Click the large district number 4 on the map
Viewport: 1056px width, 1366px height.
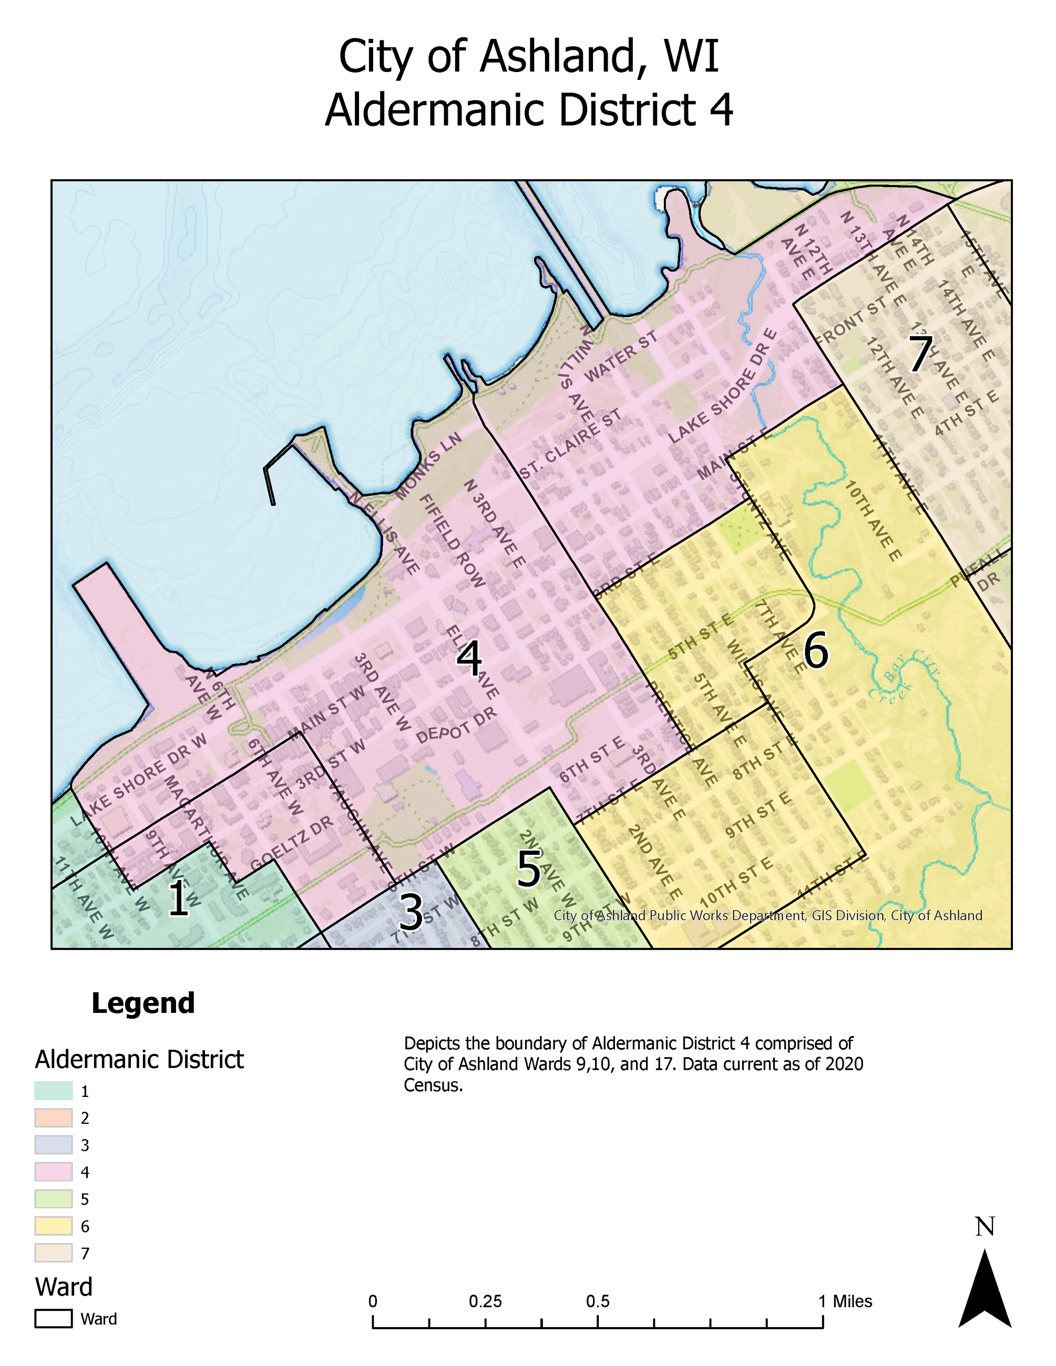click(469, 658)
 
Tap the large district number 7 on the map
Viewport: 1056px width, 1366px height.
click(920, 354)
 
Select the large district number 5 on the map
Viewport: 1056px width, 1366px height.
click(529, 869)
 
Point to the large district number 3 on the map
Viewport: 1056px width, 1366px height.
click(411, 912)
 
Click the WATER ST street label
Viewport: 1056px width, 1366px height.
click(621, 357)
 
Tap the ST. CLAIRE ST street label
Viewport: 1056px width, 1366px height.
click(570, 444)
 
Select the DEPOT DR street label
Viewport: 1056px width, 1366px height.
click(456, 726)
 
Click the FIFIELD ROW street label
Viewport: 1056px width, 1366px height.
click(452, 541)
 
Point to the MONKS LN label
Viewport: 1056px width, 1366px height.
click(429, 465)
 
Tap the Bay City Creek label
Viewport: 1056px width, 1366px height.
click(904, 678)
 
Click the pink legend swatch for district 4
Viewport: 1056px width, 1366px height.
click(53, 1172)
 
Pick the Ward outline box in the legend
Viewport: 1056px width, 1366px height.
click(53, 1319)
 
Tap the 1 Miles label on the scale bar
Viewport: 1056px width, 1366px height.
click(845, 1301)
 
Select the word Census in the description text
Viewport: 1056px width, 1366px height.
click(433, 1085)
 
